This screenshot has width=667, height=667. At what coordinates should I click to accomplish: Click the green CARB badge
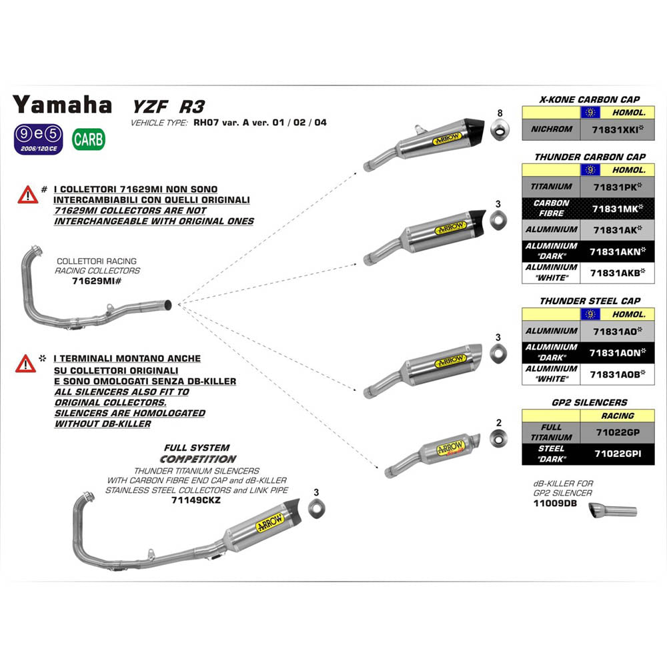tap(88, 139)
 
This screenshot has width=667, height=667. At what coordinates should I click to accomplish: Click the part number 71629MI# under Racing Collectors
tap(95, 281)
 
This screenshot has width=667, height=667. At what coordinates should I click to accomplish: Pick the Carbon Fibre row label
tap(552, 208)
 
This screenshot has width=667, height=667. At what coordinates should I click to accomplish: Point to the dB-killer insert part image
tap(612, 512)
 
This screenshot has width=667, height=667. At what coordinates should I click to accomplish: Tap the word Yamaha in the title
tap(63, 105)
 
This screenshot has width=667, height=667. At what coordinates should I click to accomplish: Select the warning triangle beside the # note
tap(27, 195)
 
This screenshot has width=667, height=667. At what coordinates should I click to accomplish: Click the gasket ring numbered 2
tap(498, 438)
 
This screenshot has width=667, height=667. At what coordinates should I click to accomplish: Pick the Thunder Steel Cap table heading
tap(590, 301)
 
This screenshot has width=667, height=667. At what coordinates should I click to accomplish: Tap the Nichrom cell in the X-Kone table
tap(552, 129)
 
